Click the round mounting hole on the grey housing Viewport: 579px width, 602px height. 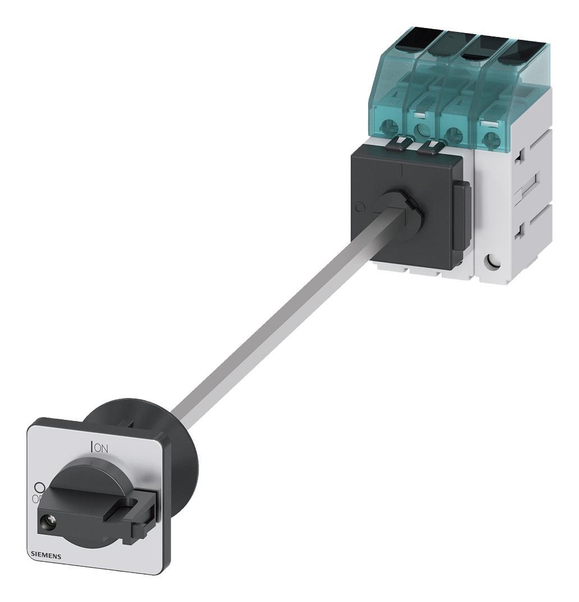(494, 261)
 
